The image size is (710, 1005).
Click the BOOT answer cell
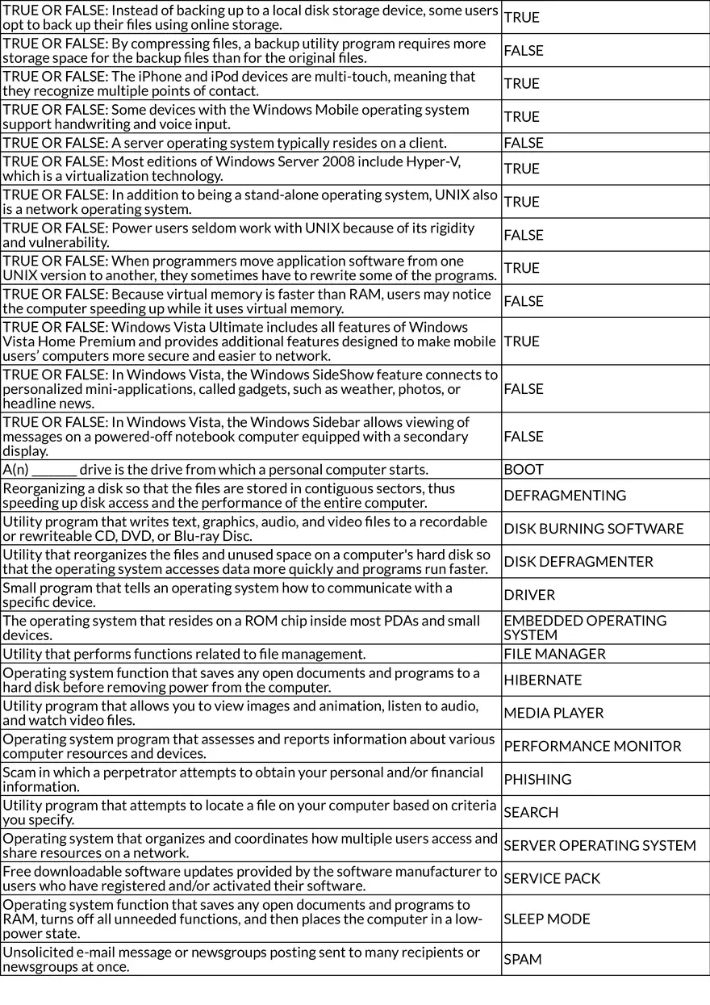(524, 470)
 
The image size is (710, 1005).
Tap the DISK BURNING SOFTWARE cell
(593, 529)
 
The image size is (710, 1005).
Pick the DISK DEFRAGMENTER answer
(578, 562)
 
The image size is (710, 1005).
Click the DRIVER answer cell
(529, 595)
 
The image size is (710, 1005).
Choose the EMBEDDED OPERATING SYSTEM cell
(585, 628)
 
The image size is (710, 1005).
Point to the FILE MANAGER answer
(554, 654)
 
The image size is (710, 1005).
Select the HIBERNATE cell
(542, 680)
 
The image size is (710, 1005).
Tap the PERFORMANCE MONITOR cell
(592, 746)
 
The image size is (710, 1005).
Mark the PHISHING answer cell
(537, 779)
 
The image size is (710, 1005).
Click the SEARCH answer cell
(531, 812)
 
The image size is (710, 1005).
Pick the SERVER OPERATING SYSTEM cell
(599, 845)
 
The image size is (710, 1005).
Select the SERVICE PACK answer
(552, 878)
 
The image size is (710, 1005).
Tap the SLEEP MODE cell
(547, 919)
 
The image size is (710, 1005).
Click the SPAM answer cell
(522, 959)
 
